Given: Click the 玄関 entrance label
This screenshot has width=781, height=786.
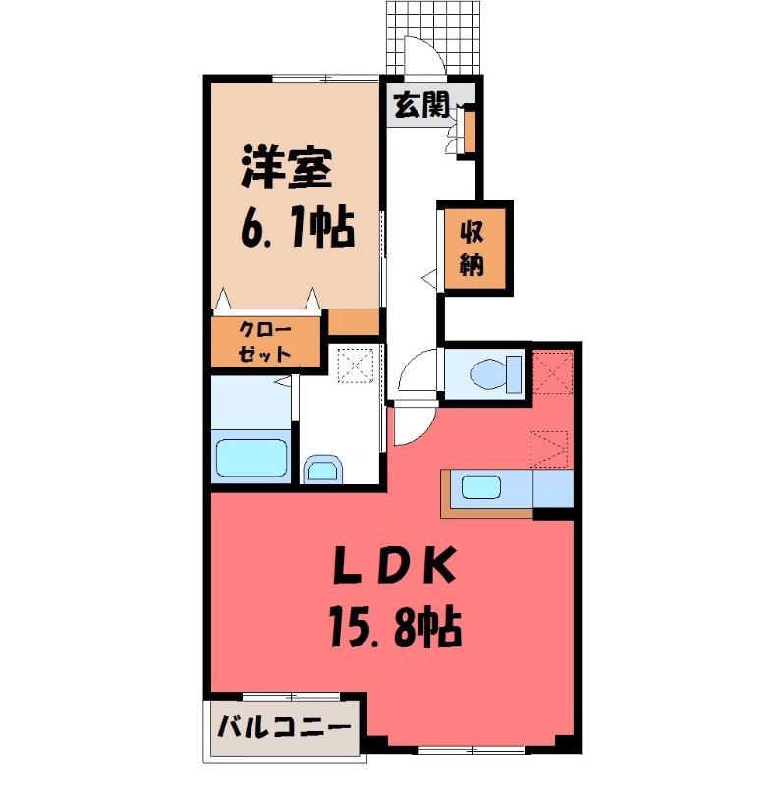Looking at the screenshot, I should tap(422, 105).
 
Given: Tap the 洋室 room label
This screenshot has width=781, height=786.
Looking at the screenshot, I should tap(287, 169).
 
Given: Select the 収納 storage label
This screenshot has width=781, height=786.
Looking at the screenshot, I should tap(474, 249).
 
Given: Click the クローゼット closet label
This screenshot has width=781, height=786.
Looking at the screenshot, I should tap(264, 342).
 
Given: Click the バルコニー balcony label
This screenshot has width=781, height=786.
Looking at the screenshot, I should tap(284, 730).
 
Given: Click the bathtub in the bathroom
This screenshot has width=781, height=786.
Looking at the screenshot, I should tap(251, 457).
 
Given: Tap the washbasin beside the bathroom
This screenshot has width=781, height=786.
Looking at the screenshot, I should tap(322, 469).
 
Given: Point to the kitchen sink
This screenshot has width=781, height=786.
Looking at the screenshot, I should tap(484, 485).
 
